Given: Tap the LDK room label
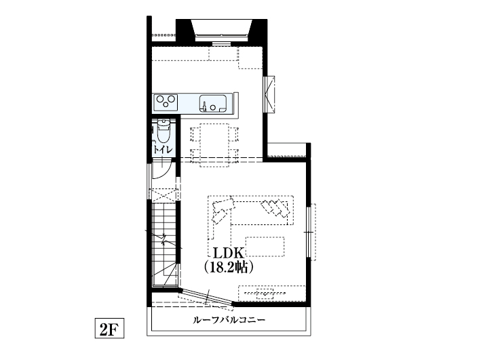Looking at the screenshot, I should pos(229,254).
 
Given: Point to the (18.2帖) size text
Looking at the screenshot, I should pos(229,267).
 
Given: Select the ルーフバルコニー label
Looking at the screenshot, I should pos(229,319).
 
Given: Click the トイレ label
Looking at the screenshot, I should pos(162,149).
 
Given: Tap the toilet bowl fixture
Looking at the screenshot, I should pos(163,129).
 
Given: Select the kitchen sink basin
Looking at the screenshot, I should pos(212,104).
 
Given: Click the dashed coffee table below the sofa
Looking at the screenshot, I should pos(265,245).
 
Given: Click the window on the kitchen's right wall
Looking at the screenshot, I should pos(269,92).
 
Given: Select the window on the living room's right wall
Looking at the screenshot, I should pos(311,231).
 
